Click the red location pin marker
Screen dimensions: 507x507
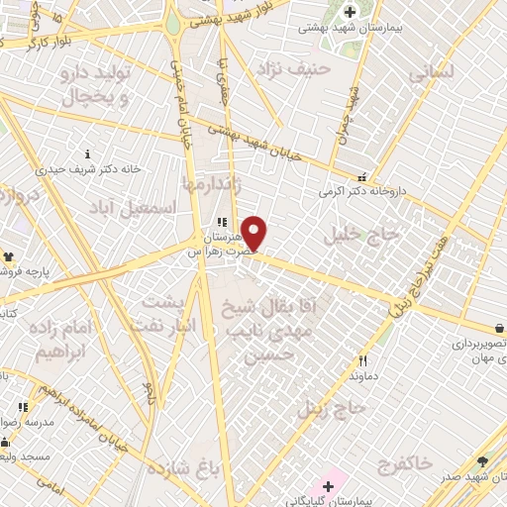[x=254, y=233]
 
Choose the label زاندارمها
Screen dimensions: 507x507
[x=210, y=183]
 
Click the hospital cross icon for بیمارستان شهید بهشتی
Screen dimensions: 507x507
[x=350, y=11]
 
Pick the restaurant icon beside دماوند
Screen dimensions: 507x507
[x=363, y=360]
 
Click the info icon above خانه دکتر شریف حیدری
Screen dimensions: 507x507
[x=89, y=153]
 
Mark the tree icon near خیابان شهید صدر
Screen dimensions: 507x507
[x=482, y=460]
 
